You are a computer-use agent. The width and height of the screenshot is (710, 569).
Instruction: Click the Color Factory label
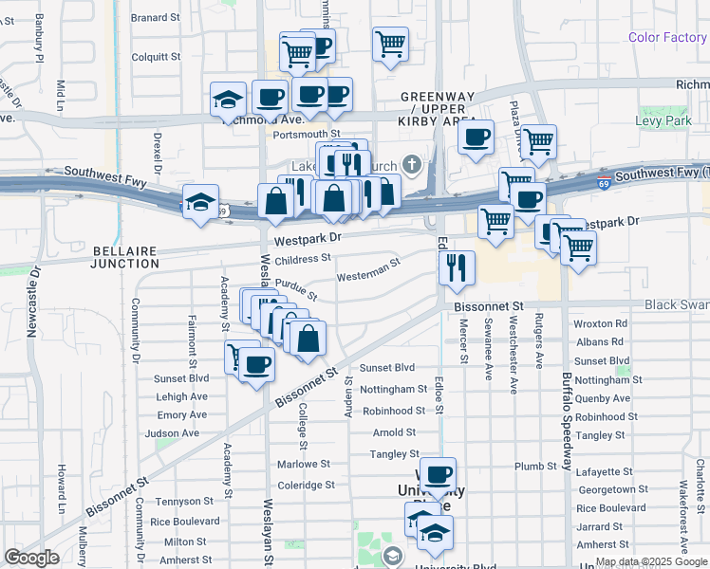(x=667, y=38)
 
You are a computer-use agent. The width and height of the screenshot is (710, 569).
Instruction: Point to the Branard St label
(x=156, y=17)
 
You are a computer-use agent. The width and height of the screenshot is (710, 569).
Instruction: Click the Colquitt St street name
(x=156, y=57)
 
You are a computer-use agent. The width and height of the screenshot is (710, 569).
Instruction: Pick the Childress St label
(x=302, y=258)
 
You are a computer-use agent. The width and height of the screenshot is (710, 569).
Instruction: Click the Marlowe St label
(x=304, y=465)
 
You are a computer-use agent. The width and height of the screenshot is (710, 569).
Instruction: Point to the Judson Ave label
(x=172, y=433)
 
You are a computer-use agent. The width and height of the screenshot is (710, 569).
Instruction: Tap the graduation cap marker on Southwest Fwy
(x=200, y=202)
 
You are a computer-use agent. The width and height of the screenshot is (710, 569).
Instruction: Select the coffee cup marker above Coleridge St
(x=438, y=474)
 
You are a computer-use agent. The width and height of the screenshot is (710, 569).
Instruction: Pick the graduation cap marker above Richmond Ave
(x=228, y=100)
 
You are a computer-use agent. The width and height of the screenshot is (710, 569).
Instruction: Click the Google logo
(x=32, y=558)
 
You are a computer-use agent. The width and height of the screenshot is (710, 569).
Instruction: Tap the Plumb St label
(x=536, y=467)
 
